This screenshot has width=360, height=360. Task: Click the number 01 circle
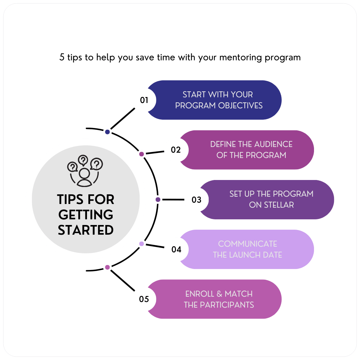[144, 100]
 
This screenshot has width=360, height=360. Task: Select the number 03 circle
[197, 200]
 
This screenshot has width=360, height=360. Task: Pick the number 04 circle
[176, 249]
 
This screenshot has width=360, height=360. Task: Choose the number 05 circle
[144, 299]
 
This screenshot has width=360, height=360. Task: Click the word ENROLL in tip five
[199, 294]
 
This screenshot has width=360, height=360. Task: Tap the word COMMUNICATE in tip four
[247, 244]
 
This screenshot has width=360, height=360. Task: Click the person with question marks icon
[85, 171]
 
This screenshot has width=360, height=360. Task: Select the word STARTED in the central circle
[86, 230]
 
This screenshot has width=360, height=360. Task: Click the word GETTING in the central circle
[86, 215]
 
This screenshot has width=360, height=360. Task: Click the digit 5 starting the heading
[62, 57]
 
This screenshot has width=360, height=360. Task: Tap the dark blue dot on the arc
[107, 132]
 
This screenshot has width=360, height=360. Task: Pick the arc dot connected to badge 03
[158, 200]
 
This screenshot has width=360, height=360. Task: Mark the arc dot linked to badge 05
[107, 267]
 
